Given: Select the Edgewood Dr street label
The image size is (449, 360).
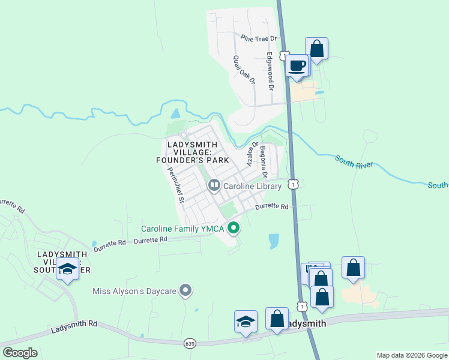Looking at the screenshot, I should click(x=270, y=71).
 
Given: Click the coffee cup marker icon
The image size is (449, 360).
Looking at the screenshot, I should click(x=297, y=65).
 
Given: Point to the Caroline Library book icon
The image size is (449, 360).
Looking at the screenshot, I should click(x=214, y=186).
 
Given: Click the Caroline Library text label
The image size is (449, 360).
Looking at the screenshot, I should click(x=252, y=187).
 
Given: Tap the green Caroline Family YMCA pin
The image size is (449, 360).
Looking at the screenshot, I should click(x=234, y=228).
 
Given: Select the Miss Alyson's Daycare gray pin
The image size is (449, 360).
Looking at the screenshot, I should click(x=186, y=292).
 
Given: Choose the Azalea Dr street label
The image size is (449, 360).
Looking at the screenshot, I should click(x=252, y=154).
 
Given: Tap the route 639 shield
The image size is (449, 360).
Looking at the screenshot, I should click(x=190, y=343).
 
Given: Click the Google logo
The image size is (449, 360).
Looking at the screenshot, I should click(x=20, y=353).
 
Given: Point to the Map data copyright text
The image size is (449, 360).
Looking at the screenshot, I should click(x=411, y=355).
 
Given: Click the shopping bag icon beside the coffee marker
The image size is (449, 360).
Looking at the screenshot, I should click(x=316, y=49).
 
